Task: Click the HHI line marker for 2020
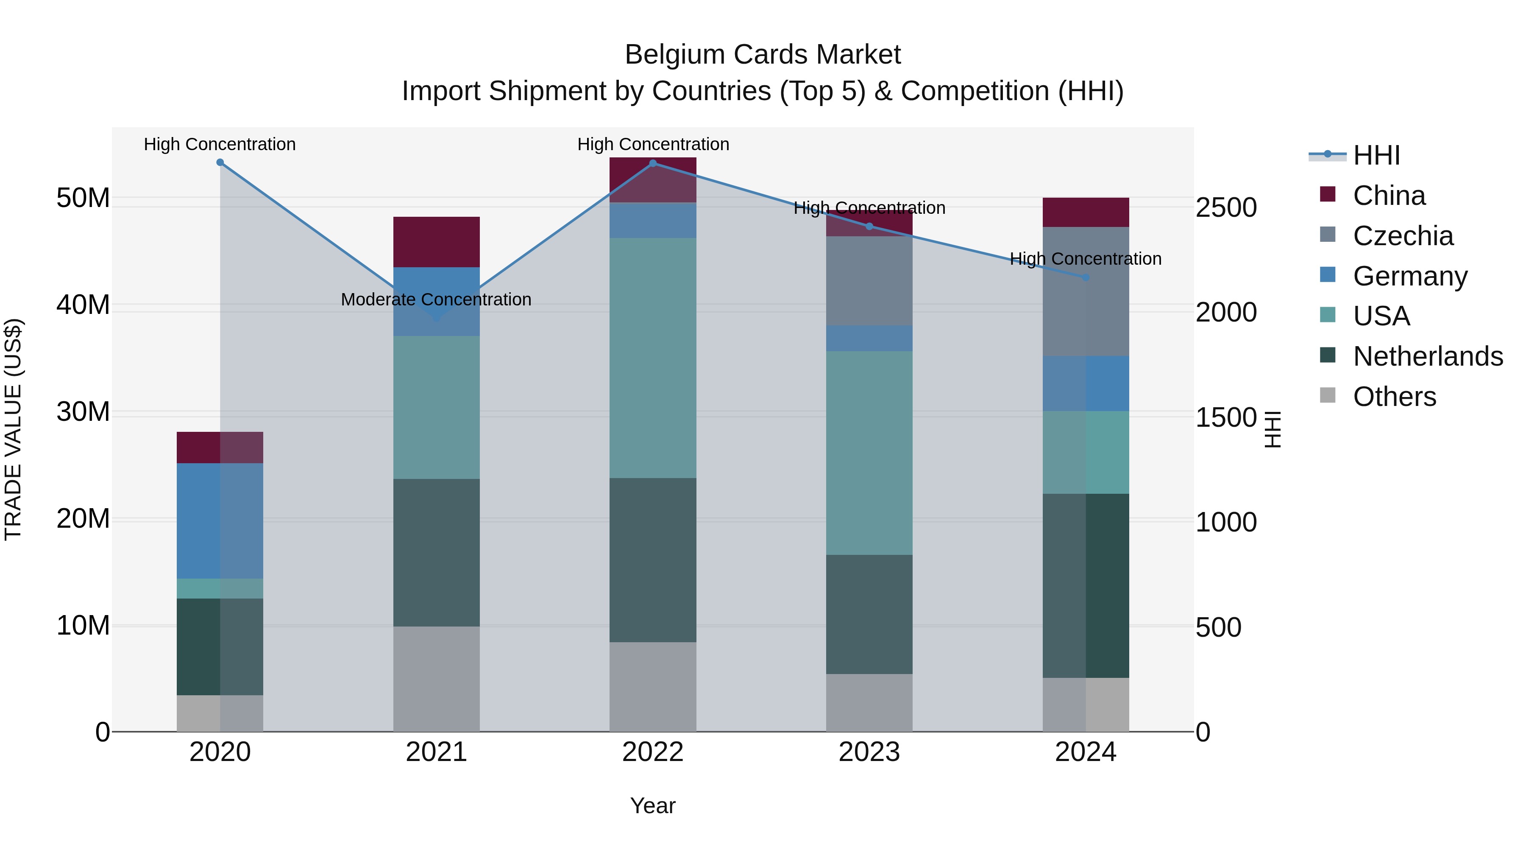pyautogui.click(x=220, y=162)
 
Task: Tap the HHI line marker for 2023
pyautogui.click(x=869, y=227)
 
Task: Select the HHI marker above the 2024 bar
pyautogui.click(x=1085, y=277)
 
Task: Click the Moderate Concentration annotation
pyautogui.click(x=436, y=300)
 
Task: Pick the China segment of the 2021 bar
pyautogui.click(x=436, y=242)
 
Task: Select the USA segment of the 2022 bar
pyautogui.click(x=653, y=358)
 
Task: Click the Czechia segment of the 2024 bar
pyautogui.click(x=1085, y=292)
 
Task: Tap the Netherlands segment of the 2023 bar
pyautogui.click(x=869, y=614)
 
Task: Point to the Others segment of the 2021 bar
pyautogui.click(x=436, y=679)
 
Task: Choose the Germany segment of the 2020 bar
pyautogui.click(x=220, y=520)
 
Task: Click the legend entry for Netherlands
pyautogui.click(x=1428, y=356)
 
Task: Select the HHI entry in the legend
pyautogui.click(x=1376, y=155)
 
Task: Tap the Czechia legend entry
pyautogui.click(x=1403, y=236)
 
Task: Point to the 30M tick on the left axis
pyautogui.click(x=83, y=411)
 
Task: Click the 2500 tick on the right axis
pyautogui.click(x=1225, y=208)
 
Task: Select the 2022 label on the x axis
pyautogui.click(x=653, y=752)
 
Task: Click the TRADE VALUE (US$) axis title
pyautogui.click(x=13, y=429)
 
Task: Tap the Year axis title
pyautogui.click(x=653, y=806)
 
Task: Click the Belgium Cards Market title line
pyautogui.click(x=763, y=55)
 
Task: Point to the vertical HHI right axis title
pyautogui.click(x=1273, y=429)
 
